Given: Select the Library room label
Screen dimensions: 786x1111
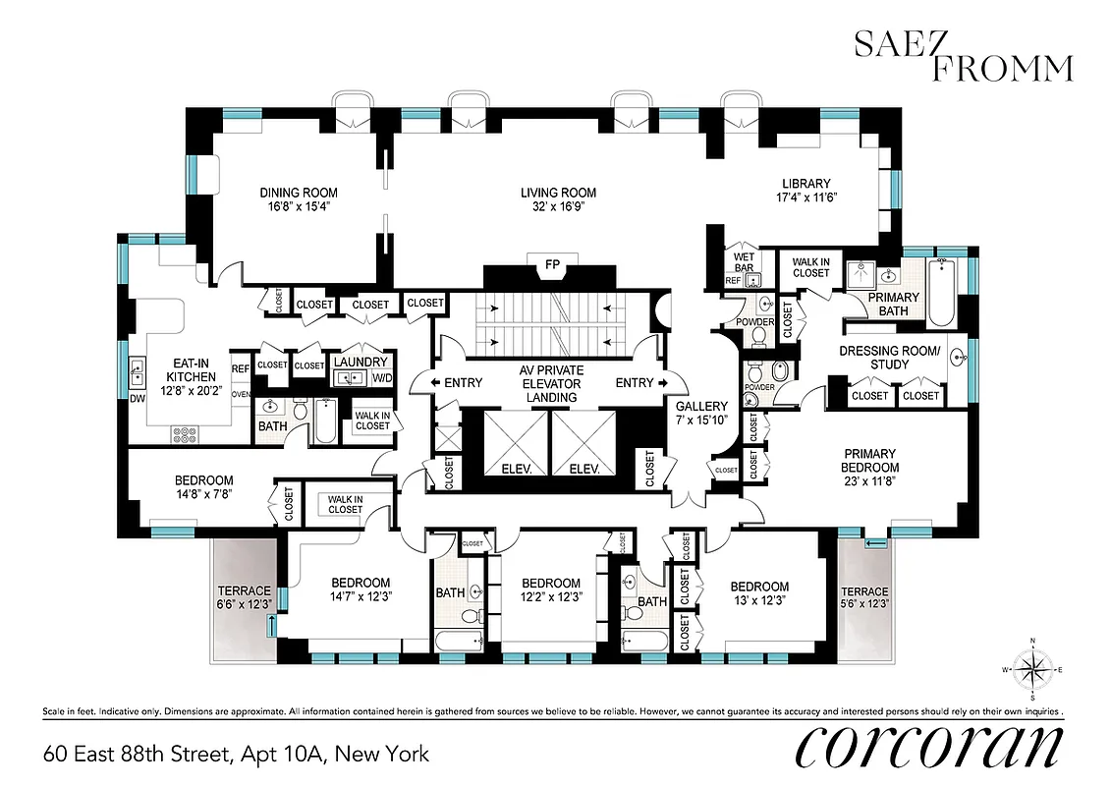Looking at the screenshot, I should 805,184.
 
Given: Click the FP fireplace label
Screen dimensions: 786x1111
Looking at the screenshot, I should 551,264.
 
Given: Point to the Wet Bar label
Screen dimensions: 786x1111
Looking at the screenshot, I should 744,263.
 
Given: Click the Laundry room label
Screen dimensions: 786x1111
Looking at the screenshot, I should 361,362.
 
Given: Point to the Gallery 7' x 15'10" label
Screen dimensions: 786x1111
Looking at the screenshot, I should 701,413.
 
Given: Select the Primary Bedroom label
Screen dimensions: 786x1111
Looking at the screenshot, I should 870,461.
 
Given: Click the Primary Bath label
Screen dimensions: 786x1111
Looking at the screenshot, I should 894,305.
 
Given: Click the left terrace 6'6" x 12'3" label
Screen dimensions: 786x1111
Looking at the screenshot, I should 244,597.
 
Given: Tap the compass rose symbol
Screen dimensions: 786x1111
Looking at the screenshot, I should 1032,669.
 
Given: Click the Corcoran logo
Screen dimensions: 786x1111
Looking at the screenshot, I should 927,750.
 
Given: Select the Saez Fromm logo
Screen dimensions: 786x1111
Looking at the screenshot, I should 963,55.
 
